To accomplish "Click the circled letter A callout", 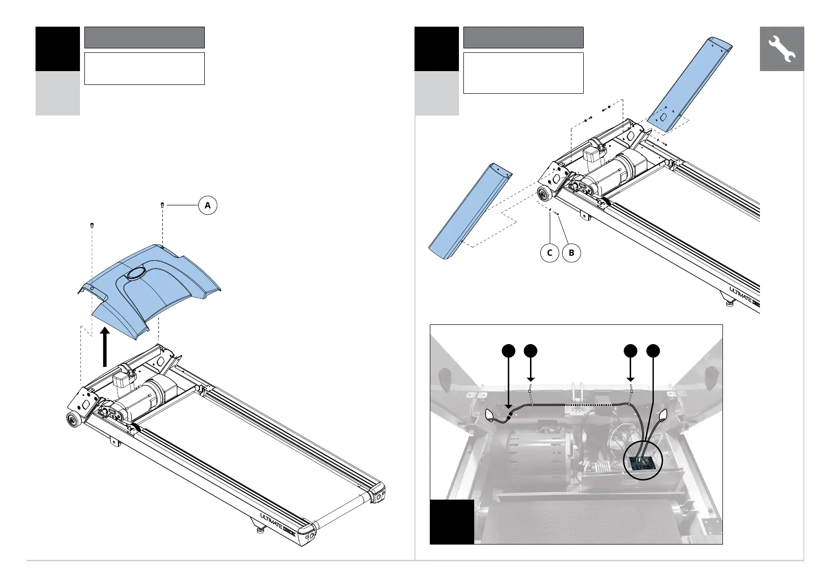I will pos(208,205).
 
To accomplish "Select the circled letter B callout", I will pos(571,253).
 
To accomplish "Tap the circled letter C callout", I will pos(550,253).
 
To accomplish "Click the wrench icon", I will pos(782,49).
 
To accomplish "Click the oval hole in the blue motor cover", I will pos(135,273).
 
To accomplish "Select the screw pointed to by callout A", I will pos(162,204).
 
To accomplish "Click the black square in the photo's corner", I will pos(452,521).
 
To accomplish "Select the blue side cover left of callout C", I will pos(469,212).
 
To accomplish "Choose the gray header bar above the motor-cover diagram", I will pos(145,38).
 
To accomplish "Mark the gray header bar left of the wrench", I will pos(523,38).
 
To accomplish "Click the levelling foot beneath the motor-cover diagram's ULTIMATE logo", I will pos(259,531).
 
